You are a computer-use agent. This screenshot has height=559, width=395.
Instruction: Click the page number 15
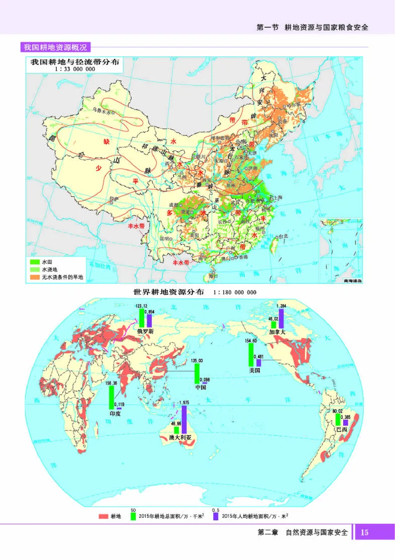click(x=364, y=532)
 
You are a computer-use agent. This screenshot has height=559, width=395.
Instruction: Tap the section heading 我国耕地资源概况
click(x=55, y=47)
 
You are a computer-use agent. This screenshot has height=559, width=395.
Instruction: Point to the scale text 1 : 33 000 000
click(x=75, y=70)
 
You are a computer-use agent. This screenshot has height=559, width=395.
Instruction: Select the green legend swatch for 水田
click(x=34, y=260)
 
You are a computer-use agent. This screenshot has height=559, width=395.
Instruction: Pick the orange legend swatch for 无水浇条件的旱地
click(x=34, y=278)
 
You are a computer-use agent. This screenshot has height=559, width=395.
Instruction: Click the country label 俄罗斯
click(x=145, y=332)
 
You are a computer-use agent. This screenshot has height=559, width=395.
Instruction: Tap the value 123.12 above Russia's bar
click(x=141, y=306)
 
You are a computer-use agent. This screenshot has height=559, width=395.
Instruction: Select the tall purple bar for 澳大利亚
click(x=184, y=420)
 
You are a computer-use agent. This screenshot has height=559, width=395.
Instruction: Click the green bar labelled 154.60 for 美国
click(x=251, y=356)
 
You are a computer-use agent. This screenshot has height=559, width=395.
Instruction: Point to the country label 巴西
click(x=342, y=430)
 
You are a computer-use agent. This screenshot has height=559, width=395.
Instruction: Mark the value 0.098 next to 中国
click(x=204, y=379)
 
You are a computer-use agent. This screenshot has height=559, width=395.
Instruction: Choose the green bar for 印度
click(x=112, y=397)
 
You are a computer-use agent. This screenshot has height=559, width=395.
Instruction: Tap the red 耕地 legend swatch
click(x=103, y=516)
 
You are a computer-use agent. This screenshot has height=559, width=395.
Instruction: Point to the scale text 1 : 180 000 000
click(x=235, y=292)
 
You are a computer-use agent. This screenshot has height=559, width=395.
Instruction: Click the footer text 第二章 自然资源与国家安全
click(x=303, y=533)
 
